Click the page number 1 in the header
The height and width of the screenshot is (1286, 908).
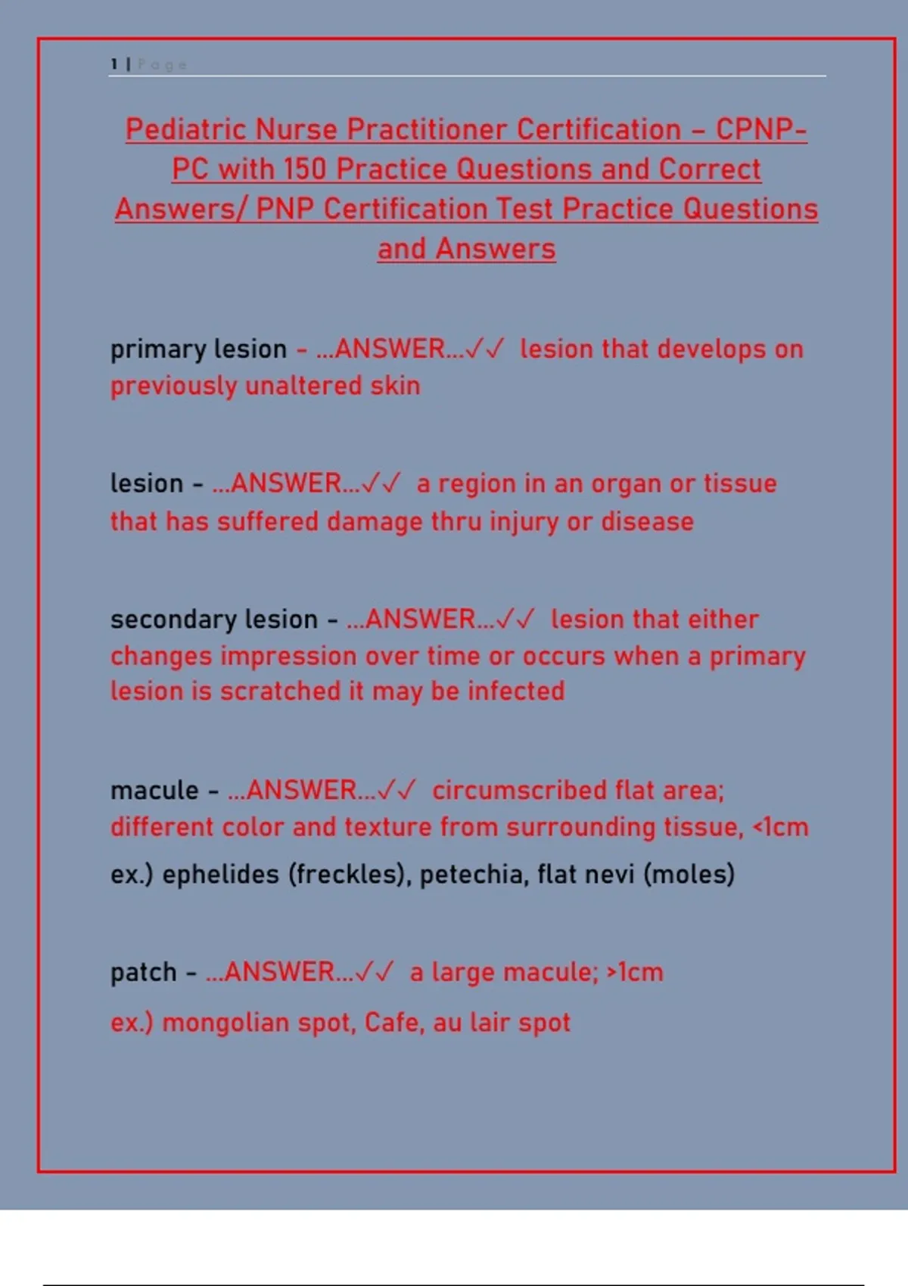click(113, 64)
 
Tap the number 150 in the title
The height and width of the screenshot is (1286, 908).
click(304, 169)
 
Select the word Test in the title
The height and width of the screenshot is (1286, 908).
click(528, 209)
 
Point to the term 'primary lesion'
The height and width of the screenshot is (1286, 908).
click(198, 349)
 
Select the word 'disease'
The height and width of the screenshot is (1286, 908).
click(647, 522)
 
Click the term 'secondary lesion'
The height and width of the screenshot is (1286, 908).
click(213, 620)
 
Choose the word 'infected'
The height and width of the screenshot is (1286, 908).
click(516, 691)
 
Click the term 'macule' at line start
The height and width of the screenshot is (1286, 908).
click(154, 791)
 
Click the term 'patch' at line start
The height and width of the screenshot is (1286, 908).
click(143, 974)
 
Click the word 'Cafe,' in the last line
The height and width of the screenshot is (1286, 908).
click(394, 1023)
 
